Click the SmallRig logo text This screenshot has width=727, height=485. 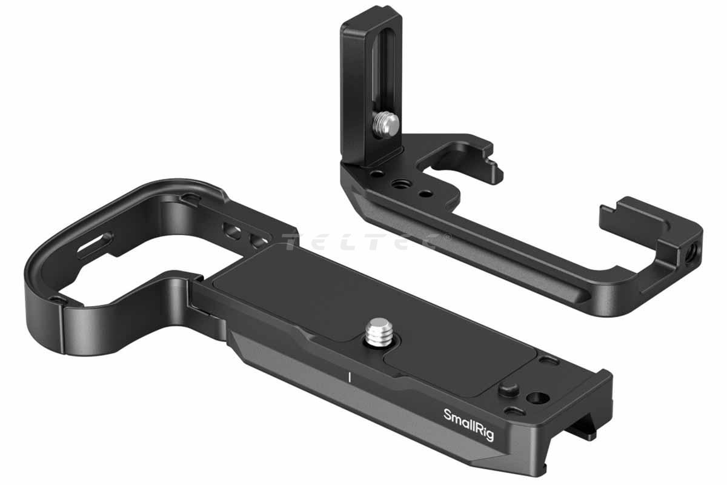click(468, 424)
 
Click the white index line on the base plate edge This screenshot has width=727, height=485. click(349, 377)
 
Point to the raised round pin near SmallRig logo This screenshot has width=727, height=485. click(508, 389)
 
